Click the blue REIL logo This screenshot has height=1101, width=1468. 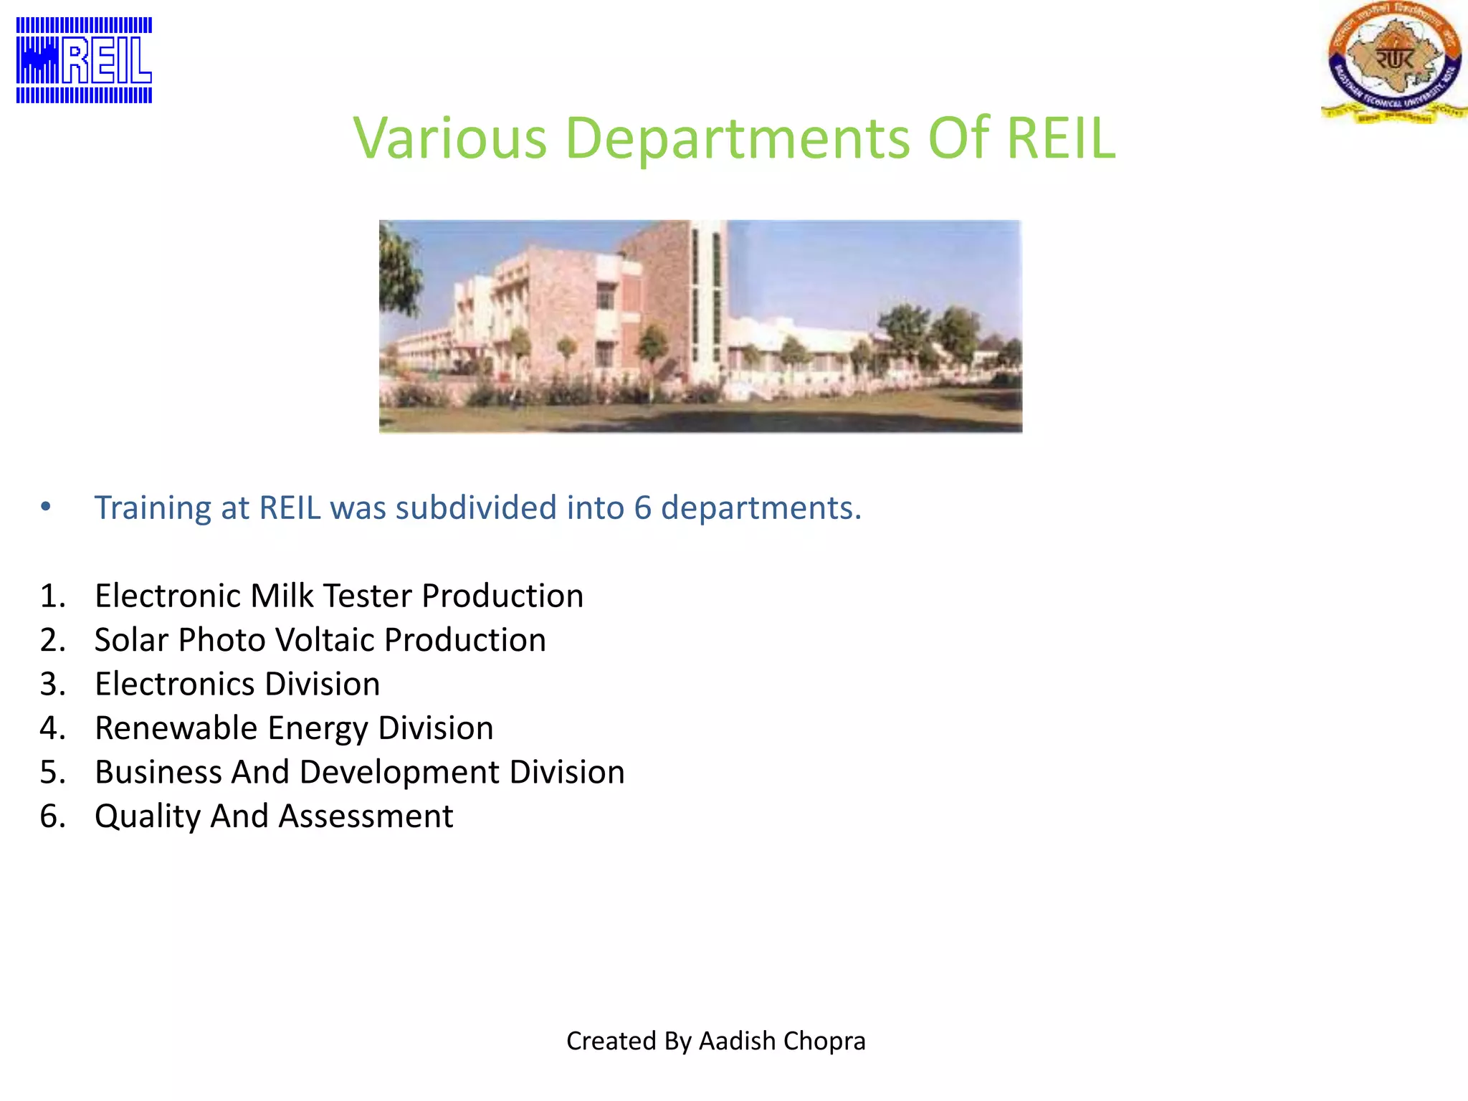84,60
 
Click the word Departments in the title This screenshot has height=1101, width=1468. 738,138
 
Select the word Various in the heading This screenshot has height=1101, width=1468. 450,138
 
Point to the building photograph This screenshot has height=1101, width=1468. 700,326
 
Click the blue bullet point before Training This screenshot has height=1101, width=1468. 46,507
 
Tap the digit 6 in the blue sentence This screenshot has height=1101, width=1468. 642,507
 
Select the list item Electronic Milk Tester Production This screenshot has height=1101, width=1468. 339,596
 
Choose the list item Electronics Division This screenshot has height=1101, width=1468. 237,684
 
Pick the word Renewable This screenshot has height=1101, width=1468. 176,728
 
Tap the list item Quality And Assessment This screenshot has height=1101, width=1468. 274,816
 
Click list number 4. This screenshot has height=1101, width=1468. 52,728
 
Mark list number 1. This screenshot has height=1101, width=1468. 52,596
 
